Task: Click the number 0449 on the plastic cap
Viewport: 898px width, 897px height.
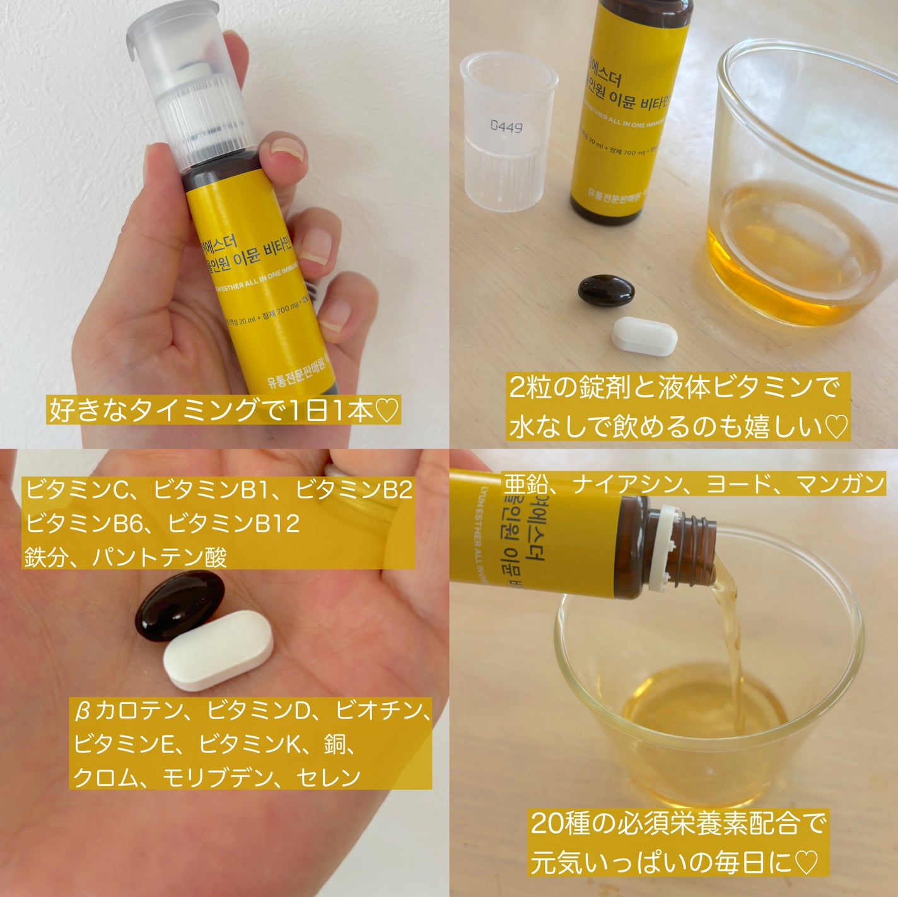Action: coord(506,127)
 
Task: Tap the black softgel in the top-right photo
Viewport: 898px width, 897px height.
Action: coord(606,291)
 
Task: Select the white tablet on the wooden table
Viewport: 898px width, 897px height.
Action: coord(644,337)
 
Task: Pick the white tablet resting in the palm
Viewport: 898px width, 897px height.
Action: coord(218,649)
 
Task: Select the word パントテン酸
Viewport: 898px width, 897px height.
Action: coord(160,557)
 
